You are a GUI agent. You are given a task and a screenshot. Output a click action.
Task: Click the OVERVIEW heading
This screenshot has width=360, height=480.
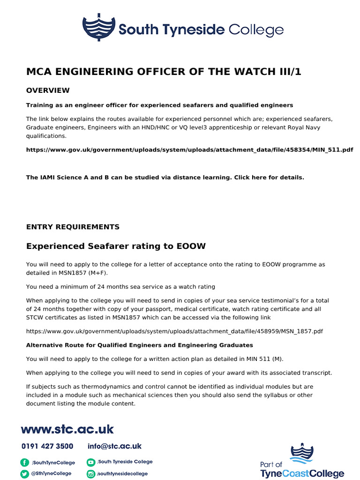tap(48, 90)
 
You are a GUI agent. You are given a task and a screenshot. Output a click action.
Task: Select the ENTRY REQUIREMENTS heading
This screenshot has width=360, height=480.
tap(73, 227)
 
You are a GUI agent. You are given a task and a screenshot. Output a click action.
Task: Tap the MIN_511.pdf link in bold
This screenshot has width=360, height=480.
tap(189, 150)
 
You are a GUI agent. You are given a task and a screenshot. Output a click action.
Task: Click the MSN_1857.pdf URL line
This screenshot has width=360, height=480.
tap(174, 331)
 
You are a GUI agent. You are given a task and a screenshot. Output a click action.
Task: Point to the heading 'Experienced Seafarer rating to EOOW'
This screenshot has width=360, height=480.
tap(116, 246)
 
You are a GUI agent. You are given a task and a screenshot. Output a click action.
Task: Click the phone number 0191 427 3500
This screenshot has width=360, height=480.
tap(47, 446)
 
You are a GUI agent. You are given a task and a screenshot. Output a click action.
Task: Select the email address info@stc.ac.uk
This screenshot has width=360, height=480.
tap(114, 446)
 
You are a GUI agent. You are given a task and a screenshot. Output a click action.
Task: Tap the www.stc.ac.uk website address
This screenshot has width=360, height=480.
tap(67, 429)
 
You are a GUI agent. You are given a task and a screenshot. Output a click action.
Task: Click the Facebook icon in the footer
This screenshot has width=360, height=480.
tap(24, 462)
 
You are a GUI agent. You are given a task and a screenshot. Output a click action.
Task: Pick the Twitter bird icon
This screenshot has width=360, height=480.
tap(24, 474)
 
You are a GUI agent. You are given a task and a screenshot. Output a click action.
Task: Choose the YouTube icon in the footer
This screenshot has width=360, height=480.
tap(91, 462)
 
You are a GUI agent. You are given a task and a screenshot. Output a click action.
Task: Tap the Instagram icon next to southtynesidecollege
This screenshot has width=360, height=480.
tap(91, 474)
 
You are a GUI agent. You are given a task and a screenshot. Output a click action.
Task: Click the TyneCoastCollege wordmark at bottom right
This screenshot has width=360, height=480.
tap(302, 474)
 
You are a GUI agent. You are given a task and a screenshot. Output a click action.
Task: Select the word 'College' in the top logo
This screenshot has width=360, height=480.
tap(255, 30)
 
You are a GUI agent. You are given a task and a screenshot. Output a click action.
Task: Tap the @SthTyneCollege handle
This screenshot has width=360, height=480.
tap(52, 473)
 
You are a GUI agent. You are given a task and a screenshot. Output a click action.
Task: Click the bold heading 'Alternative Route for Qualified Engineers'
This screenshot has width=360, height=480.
tap(139, 345)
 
